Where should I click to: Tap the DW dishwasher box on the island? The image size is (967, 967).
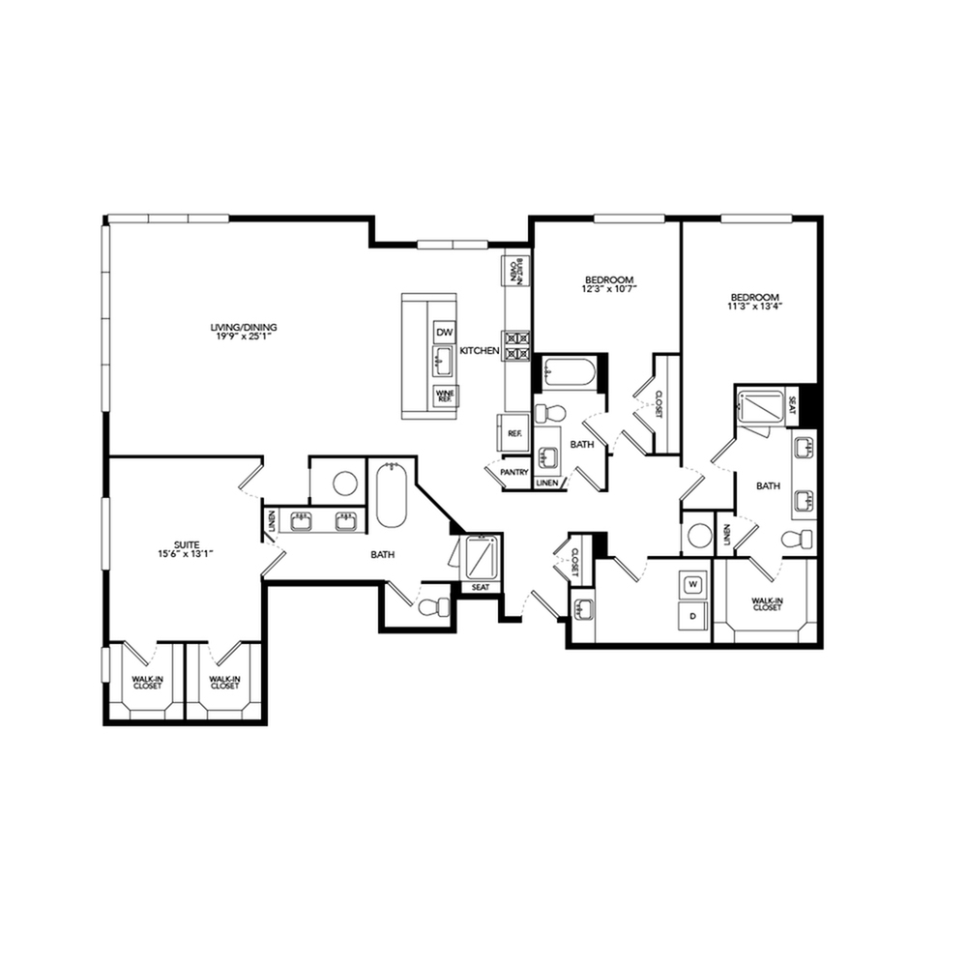tap(445, 333)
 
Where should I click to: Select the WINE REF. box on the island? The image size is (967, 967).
tap(445, 396)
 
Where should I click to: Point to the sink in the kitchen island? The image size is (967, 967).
tap(445, 363)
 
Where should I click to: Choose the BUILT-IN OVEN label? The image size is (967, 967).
tap(516, 271)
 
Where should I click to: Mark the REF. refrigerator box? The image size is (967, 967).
tap(514, 434)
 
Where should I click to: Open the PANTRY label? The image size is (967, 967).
tap(513, 473)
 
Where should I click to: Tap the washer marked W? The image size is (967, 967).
tap(692, 584)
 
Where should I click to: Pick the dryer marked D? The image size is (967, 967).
tap(692, 615)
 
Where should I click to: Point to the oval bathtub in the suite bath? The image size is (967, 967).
tap(391, 495)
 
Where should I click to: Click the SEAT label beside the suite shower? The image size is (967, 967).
tap(481, 587)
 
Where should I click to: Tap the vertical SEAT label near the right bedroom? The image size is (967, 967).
tap(792, 399)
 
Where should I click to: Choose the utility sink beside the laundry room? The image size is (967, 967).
tap(582, 609)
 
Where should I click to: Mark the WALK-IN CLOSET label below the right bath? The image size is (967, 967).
tap(767, 604)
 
